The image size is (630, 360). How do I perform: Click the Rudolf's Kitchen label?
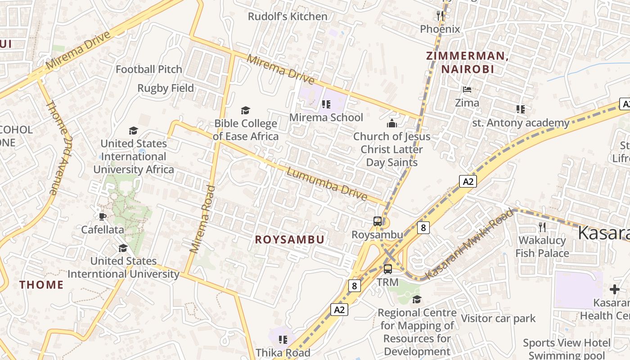point(288,17)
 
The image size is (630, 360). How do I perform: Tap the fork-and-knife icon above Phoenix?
point(440,16)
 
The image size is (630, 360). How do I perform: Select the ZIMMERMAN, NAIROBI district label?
point(467,63)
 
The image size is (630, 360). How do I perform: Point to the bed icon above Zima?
point(467,90)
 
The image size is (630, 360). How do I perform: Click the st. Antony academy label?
point(521,123)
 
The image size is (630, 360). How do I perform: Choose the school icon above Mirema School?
point(326,105)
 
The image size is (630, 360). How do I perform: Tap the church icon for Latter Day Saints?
point(392,123)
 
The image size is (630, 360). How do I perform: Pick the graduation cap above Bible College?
point(245,110)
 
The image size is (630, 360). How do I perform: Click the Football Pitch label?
point(149,69)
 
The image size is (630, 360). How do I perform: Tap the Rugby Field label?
point(166,88)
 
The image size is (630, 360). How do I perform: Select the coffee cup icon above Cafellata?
point(103,216)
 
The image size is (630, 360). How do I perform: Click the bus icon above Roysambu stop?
point(378,221)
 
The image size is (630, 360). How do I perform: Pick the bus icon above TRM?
point(387,269)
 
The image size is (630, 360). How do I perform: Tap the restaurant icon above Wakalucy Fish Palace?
point(542,227)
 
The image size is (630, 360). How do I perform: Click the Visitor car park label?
point(498,319)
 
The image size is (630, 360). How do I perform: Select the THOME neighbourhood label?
point(41,284)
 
